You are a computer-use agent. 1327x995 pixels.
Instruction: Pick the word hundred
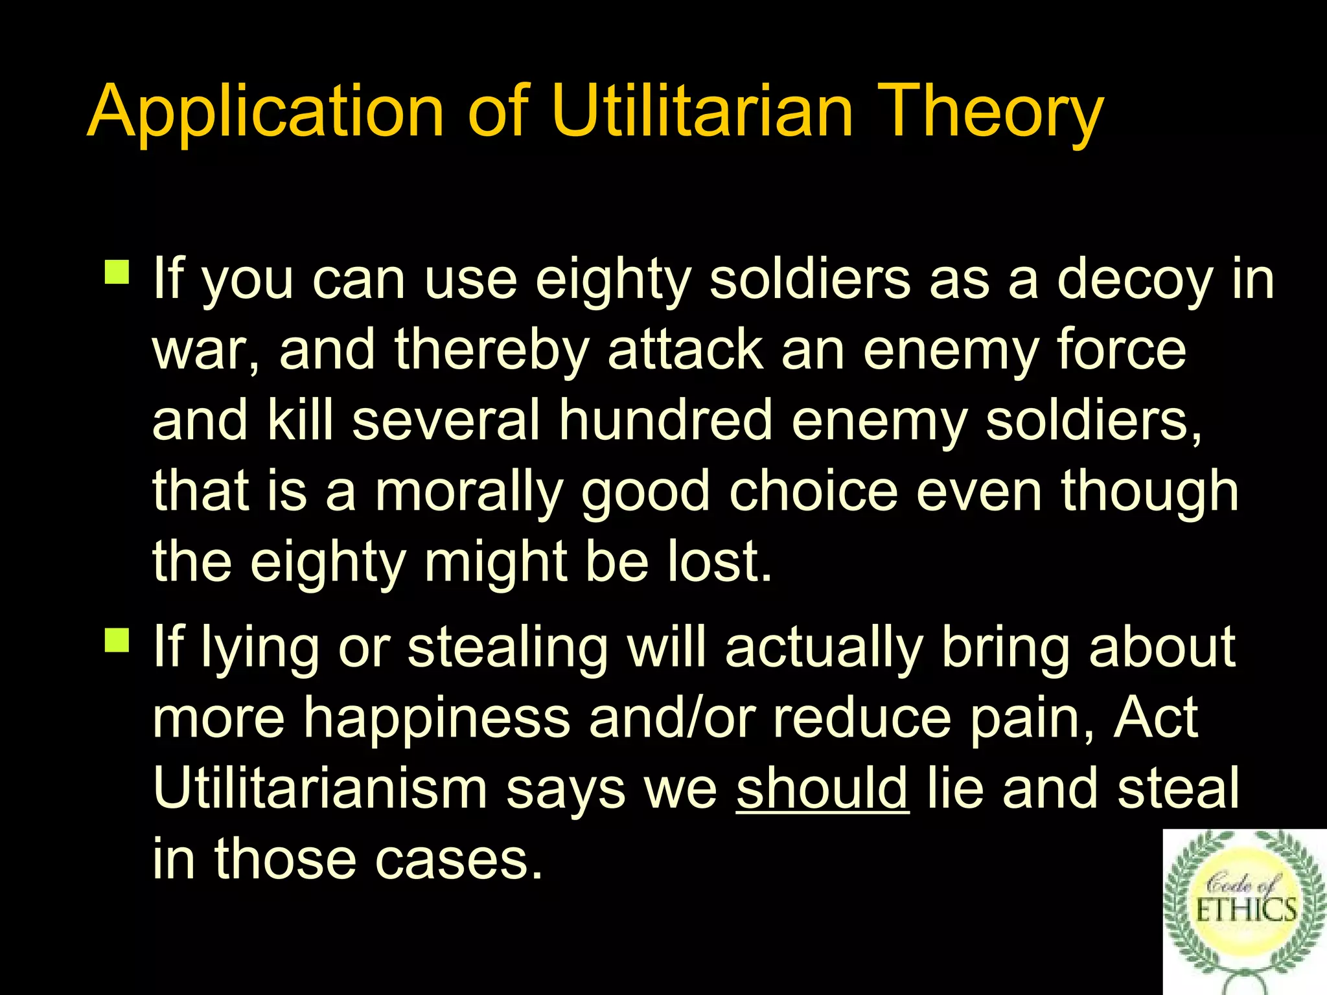[x=665, y=420]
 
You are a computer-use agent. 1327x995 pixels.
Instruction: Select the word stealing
[x=507, y=648]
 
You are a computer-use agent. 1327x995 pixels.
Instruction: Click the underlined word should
[x=822, y=788]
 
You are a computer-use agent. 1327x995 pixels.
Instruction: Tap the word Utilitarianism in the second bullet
[x=319, y=788]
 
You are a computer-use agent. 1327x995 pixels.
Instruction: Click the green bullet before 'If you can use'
[x=117, y=272]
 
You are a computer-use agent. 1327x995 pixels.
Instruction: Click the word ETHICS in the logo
[x=1245, y=910]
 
